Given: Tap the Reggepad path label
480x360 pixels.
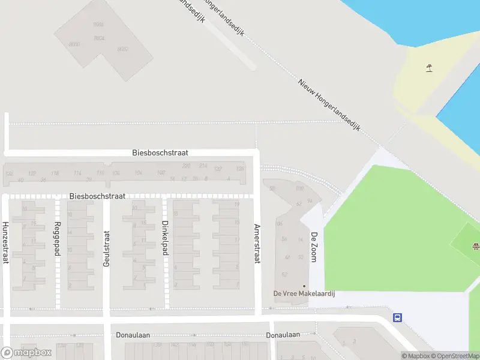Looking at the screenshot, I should tap(58, 239).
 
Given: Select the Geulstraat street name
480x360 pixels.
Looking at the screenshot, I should tap(107, 249).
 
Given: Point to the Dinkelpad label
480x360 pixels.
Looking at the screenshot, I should tap(165, 238).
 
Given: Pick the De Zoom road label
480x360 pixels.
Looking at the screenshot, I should tap(313, 247).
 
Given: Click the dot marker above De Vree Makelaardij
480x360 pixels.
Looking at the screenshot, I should tap(304, 286).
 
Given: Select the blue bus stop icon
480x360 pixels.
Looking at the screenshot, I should tap(397, 317).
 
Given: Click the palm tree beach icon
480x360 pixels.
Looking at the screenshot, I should tap(429, 68).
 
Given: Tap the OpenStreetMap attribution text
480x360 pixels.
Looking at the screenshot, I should tap(454, 356).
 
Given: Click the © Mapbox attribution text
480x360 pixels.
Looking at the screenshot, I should tap(415, 356).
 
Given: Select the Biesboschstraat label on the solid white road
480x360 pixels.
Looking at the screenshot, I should tap(160, 153).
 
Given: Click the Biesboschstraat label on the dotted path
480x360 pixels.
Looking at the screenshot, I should tap(97, 196).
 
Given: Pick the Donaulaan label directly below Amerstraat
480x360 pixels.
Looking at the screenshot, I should tap(283, 335).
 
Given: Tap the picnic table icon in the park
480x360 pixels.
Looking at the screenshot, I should tap(476, 245).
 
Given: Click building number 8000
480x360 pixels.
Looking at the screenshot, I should tap(74, 44).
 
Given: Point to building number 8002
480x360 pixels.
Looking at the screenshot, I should tap(123, 49).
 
